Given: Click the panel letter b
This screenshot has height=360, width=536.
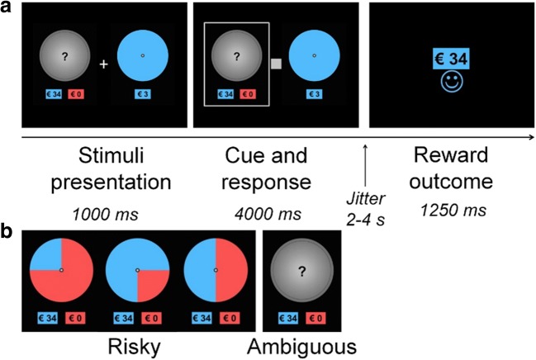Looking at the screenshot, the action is pos(7,234).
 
